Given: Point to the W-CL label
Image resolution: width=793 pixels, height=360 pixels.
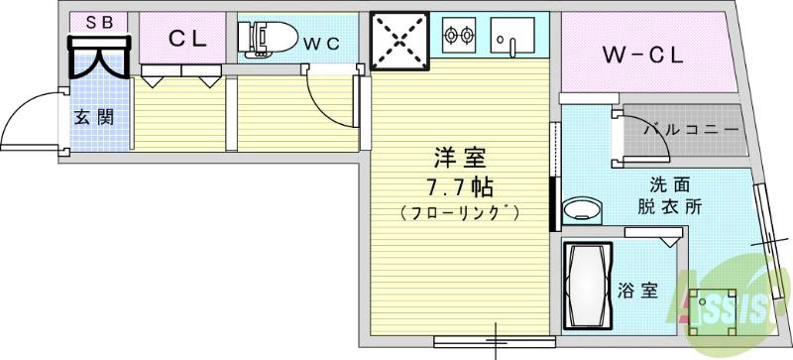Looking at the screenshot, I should coord(643,56).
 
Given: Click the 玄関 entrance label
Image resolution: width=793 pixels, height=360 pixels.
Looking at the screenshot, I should coord(97,115).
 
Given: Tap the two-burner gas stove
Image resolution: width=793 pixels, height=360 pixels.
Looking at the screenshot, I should coord(459,37).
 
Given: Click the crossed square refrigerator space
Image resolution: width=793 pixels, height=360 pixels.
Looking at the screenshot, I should coord(401,41).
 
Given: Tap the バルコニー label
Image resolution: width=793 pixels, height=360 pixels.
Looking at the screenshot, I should coord(691,130).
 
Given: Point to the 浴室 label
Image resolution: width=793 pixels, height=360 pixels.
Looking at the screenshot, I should coord(637,291).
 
